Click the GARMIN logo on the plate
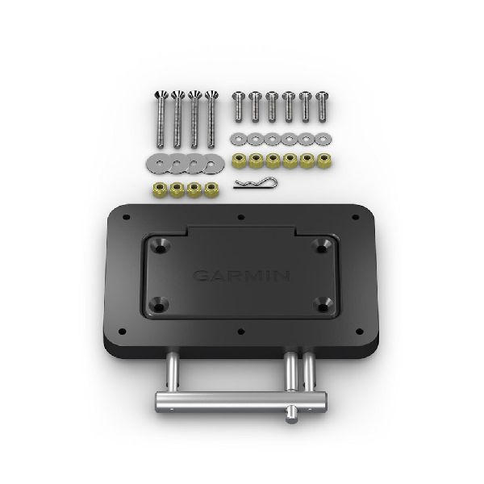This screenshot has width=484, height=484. click(241, 277)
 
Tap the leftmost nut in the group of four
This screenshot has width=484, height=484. click(158, 191)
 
